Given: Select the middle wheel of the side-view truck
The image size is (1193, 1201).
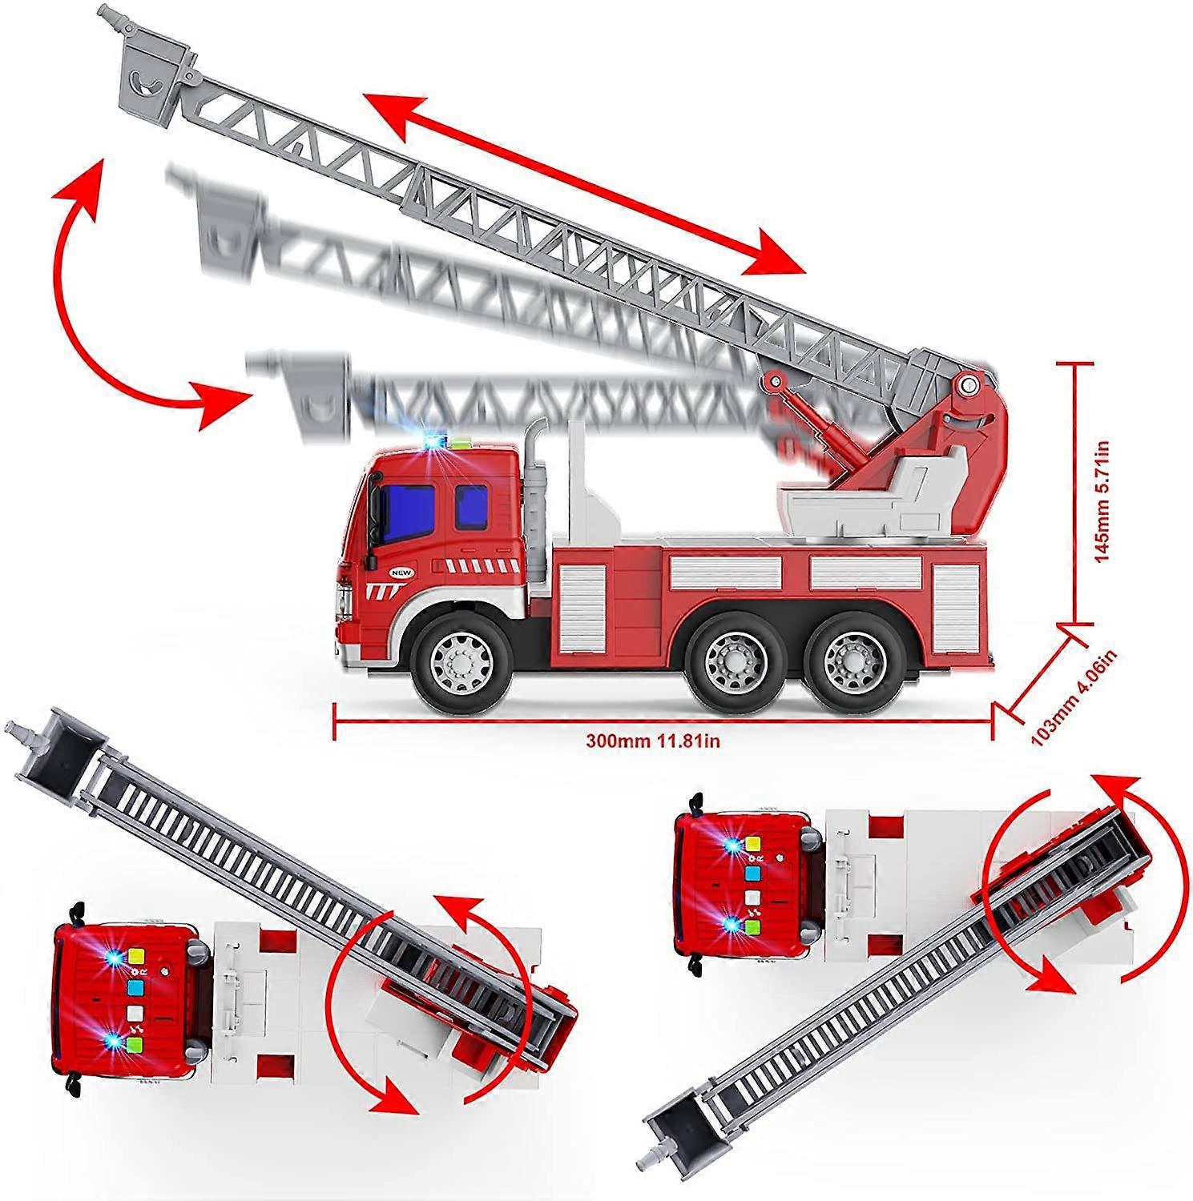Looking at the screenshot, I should pyautogui.click(x=732, y=661).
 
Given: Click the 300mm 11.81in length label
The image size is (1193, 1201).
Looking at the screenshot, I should pyautogui.click(x=653, y=741).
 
